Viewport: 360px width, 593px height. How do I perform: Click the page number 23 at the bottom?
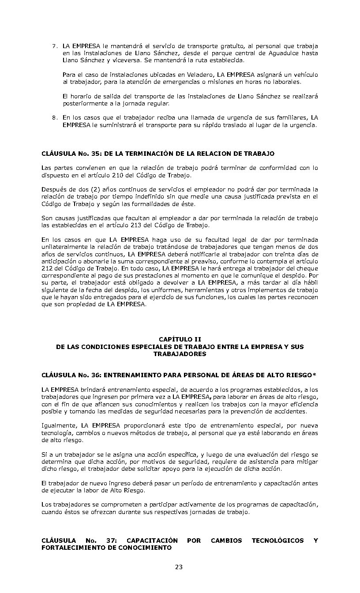(x=179, y=567)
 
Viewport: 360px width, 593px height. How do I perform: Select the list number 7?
(x=54, y=46)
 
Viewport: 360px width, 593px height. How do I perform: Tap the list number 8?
(x=54, y=118)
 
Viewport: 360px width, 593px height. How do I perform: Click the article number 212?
(x=47, y=268)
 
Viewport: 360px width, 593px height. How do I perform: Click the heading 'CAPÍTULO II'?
(x=180, y=339)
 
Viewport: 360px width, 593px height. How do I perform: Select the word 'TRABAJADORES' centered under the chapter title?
(x=180, y=354)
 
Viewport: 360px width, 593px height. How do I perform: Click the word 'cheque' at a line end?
(x=306, y=268)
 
